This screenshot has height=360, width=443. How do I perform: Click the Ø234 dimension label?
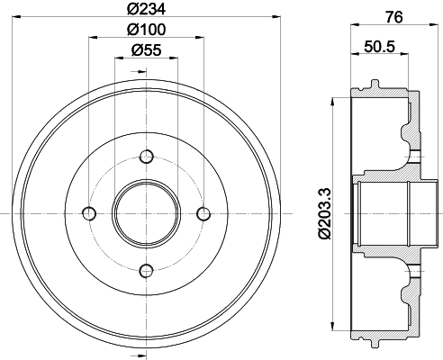146,10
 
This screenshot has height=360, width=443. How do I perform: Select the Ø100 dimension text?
146,30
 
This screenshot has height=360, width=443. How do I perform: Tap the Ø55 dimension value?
146,49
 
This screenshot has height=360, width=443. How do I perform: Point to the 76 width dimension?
393,17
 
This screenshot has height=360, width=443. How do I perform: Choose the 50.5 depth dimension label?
379,47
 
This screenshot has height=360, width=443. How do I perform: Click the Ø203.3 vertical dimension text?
325,213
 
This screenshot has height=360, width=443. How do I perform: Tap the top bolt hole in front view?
147,157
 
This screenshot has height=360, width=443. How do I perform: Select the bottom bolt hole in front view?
147,271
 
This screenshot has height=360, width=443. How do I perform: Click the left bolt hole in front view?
89,214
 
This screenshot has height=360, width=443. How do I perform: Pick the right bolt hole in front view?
203,214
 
